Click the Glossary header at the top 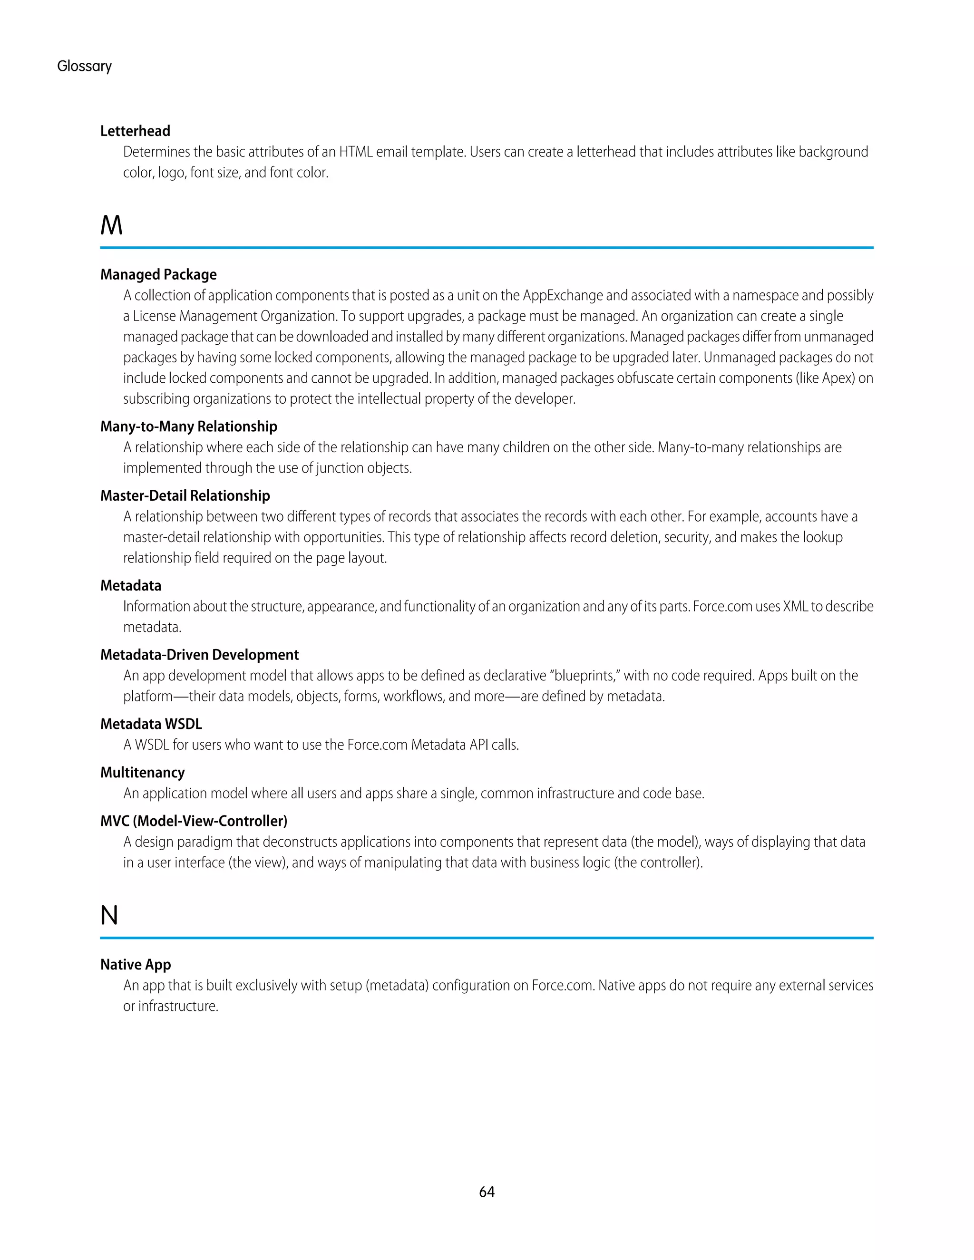[x=84, y=67]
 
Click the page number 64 [x=487, y=1192]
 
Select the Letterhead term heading [x=135, y=131]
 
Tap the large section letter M [x=111, y=225]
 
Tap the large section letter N [x=109, y=916]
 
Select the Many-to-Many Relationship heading [x=189, y=426]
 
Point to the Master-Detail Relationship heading [x=185, y=495]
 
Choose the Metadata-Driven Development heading [x=200, y=655]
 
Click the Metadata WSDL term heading [x=151, y=724]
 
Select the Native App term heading [x=136, y=965]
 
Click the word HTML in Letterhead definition [x=355, y=152]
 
